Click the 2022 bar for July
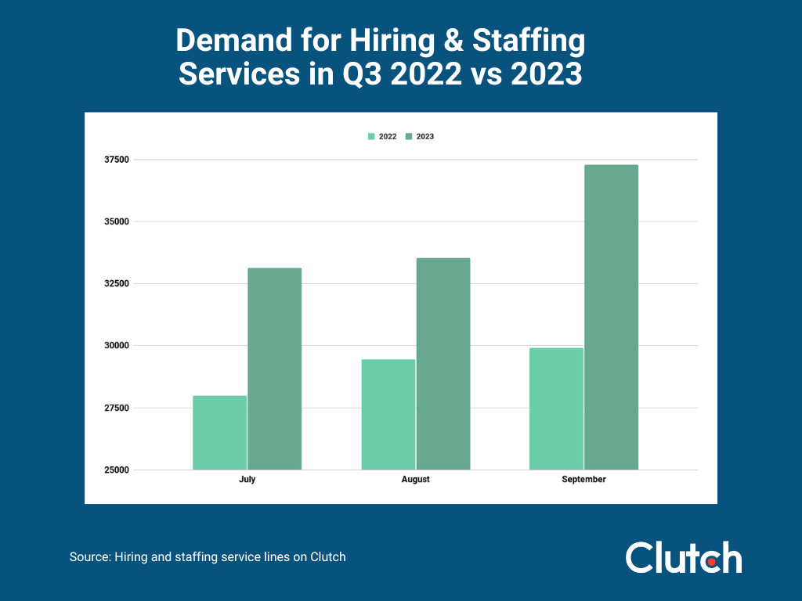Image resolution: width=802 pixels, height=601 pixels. coord(220,433)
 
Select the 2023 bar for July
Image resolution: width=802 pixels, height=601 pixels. coord(274,369)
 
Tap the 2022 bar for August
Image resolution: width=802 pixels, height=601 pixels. coord(388,415)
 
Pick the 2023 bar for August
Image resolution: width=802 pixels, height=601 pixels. coord(443,364)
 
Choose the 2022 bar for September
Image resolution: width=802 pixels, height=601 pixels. coord(557,408)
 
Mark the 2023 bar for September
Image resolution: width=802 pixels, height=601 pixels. coord(611,317)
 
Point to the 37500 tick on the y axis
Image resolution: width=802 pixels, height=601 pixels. coord(116,160)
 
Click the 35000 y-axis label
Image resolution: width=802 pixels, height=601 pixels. coord(116,221)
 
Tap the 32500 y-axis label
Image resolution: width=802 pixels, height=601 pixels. coord(116,283)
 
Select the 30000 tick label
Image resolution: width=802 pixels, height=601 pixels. coord(116,346)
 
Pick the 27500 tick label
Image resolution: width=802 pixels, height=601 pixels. coord(116,408)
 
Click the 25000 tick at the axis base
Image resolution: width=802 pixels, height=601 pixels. coord(116,470)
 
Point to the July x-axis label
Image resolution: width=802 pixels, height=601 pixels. coord(247,480)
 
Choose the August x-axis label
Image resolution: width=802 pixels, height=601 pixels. coord(415,480)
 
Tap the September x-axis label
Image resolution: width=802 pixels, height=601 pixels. coord(583,480)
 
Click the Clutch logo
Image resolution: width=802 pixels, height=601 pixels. coord(683,557)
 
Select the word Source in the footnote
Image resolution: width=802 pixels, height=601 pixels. coord(89,557)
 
